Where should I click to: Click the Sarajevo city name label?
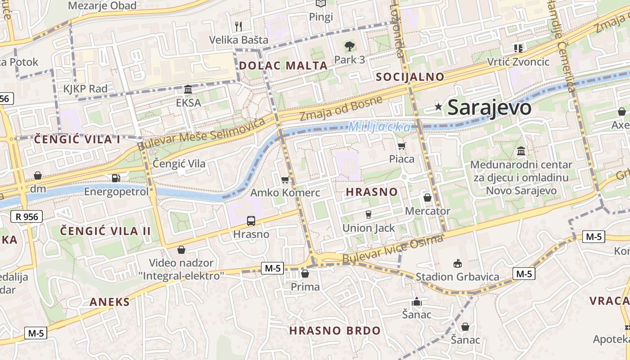click(490, 107)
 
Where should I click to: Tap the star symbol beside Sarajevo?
click(438, 107)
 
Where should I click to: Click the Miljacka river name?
click(379, 127)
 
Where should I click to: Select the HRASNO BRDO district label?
click(334, 331)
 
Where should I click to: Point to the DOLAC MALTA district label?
click(283, 65)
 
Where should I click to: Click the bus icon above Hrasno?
click(251, 221)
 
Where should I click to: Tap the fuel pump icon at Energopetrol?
click(116, 178)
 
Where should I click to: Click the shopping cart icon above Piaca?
click(401, 146)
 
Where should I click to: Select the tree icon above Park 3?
click(349, 46)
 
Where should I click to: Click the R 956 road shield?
click(27, 217)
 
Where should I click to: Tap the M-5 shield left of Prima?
click(273, 269)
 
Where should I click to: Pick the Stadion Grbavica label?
click(457, 276)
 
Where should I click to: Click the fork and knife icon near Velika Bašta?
click(238, 27)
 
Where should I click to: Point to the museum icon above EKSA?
click(188, 90)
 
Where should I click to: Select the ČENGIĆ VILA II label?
click(106, 231)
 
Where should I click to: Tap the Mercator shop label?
click(427, 211)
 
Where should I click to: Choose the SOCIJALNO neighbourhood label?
click(410, 76)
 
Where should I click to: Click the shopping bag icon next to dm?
click(38, 175)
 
